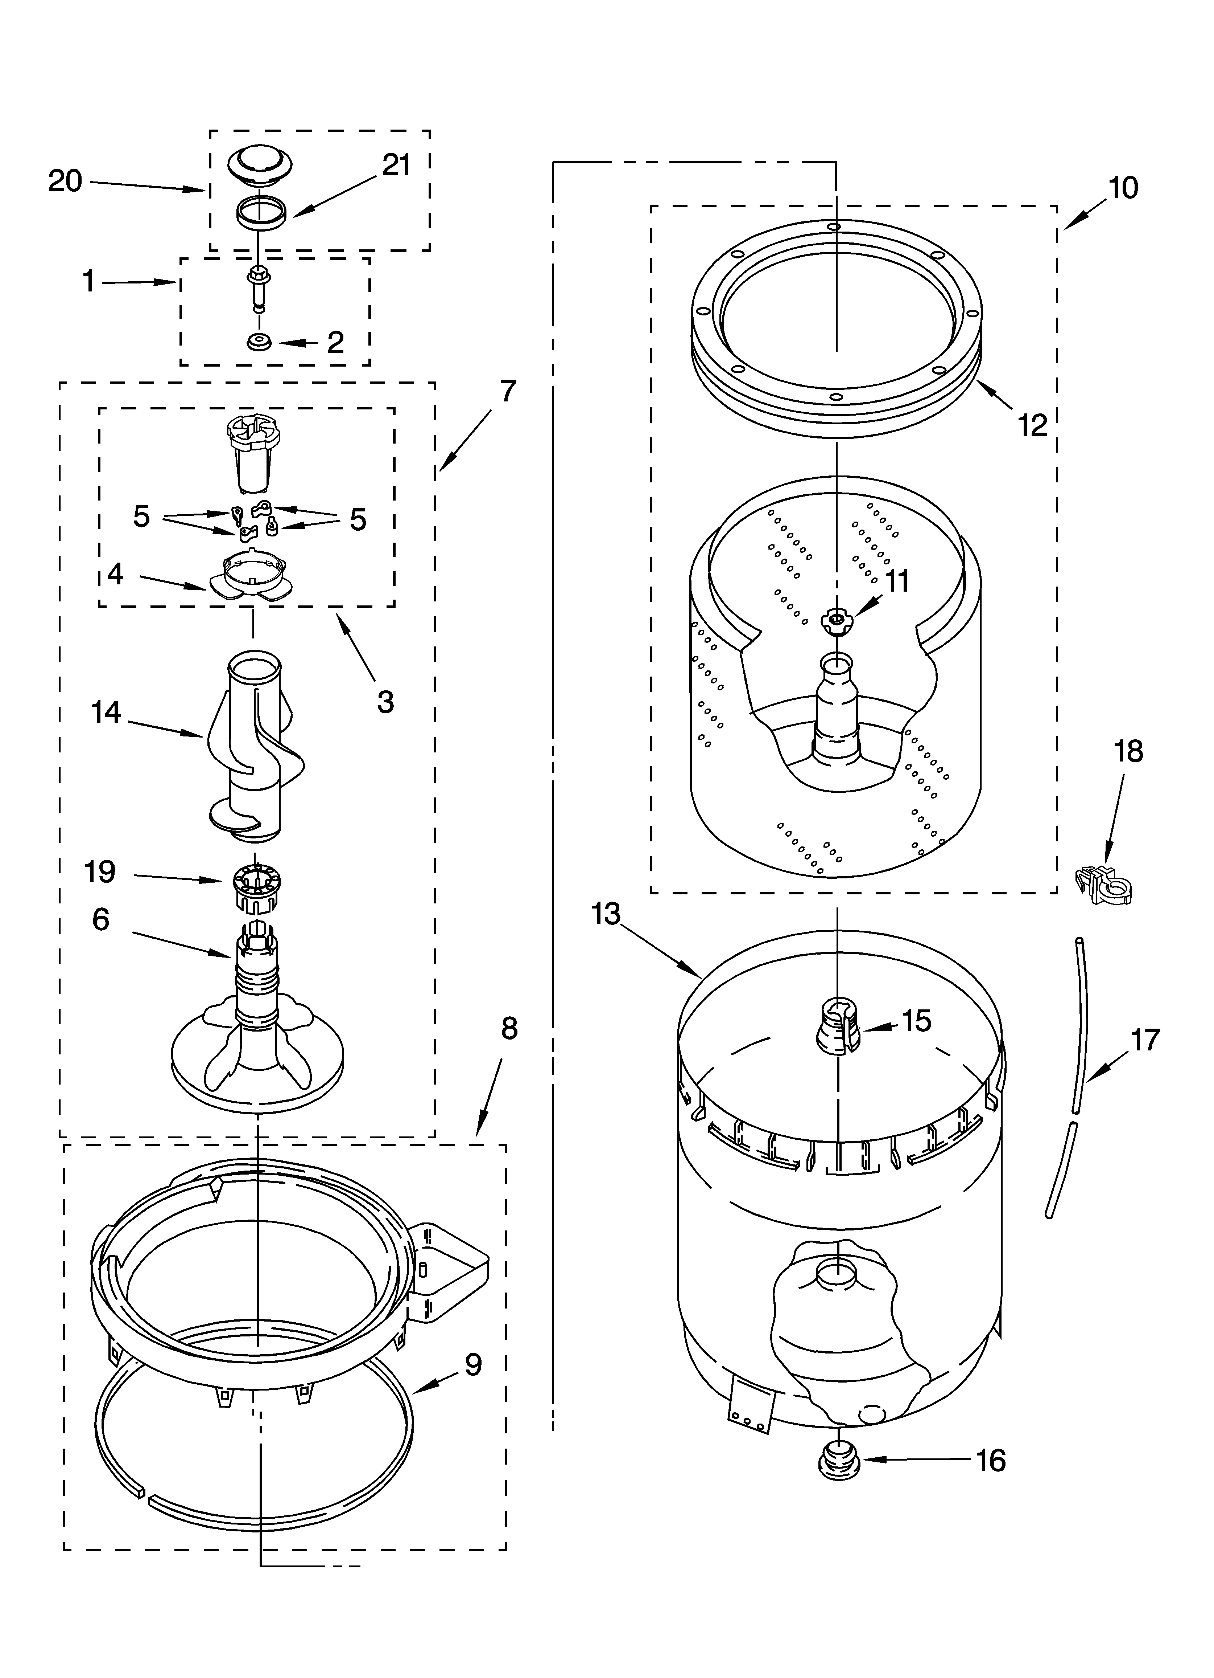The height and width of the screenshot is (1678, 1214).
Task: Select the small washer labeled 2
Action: [x=259, y=343]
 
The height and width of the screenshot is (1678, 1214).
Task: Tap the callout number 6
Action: [x=100, y=920]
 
